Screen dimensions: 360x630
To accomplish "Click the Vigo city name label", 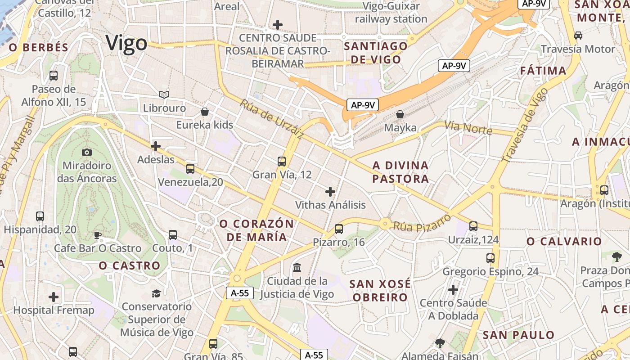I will [x=126, y=44].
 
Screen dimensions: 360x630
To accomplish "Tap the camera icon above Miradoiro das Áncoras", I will [x=87, y=153].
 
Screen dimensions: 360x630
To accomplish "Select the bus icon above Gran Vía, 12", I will [x=282, y=161].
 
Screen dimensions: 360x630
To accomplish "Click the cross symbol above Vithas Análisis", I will [x=330, y=192].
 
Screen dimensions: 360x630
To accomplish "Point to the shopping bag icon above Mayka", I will [x=400, y=115].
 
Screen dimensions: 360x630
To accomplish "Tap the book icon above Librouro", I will [x=164, y=94].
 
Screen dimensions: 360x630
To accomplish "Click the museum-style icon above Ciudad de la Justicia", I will [x=297, y=268].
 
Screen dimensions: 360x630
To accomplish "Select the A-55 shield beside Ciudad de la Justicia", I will [x=240, y=293].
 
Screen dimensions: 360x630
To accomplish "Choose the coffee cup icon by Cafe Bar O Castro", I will [x=97, y=235].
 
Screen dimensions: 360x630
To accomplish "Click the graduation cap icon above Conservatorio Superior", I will [x=156, y=293].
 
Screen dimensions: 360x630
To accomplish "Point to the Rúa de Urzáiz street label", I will [x=271, y=119].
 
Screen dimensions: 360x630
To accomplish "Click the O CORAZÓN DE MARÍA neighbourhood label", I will [x=256, y=230].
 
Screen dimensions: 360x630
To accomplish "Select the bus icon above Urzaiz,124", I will [x=473, y=226].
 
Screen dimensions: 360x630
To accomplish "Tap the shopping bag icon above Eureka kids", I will [x=205, y=112].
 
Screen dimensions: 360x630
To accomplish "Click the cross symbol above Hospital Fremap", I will [x=54, y=297].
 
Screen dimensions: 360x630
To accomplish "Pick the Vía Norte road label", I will [x=468, y=128].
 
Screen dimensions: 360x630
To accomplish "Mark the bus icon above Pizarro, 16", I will [x=339, y=229].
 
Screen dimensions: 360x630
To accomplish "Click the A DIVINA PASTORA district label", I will [x=400, y=172].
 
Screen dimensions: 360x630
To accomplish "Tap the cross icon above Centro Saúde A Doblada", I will [x=453, y=289].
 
